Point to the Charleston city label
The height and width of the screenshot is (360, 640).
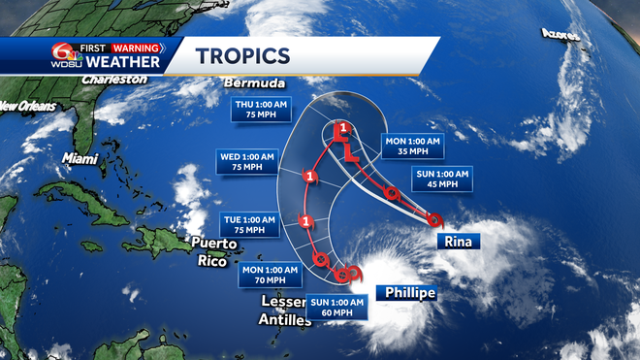pyautogui.click(x=113, y=80)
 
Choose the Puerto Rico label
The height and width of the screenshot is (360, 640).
pyautogui.click(x=210, y=251)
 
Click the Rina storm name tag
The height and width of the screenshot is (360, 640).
pyautogui.click(x=460, y=241)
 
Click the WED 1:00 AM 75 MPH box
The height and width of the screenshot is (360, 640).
pyautogui.click(x=244, y=159)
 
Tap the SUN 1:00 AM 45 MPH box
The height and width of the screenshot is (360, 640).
pyautogui.click(x=443, y=180)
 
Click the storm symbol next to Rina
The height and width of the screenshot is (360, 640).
pyautogui.click(x=434, y=219)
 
